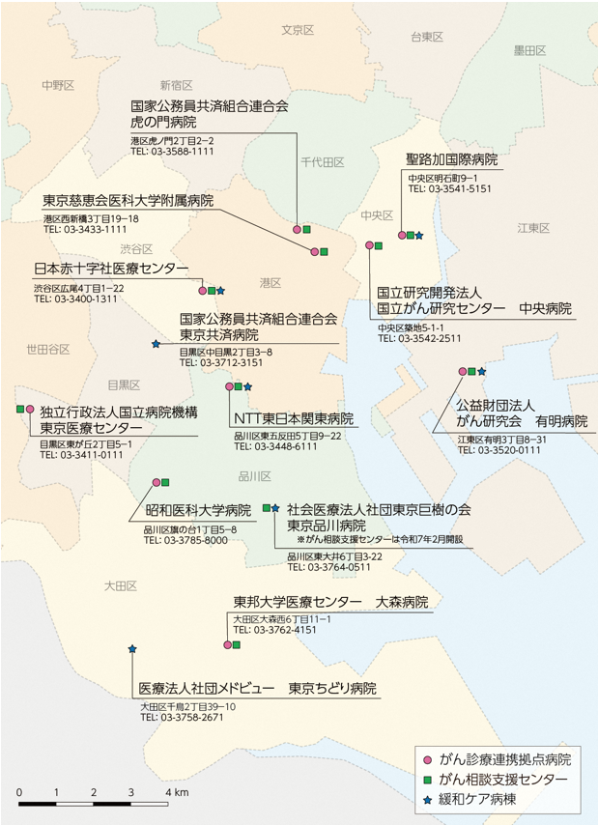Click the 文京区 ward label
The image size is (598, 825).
[x=299, y=30]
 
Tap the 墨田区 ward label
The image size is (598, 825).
[x=530, y=49]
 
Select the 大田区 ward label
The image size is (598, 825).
[x=123, y=586]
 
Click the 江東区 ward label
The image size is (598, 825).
[x=532, y=228]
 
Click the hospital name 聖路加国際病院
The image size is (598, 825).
[x=452, y=159]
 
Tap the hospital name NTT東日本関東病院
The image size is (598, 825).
[x=294, y=419]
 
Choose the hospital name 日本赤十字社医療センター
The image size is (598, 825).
[x=110, y=269]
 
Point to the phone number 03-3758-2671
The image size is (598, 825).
[x=182, y=718]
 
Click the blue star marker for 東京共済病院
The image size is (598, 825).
[x=156, y=343]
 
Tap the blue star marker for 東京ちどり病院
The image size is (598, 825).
[x=131, y=649]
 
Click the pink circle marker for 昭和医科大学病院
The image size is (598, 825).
[x=156, y=481]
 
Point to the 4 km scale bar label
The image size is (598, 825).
[x=175, y=792]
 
